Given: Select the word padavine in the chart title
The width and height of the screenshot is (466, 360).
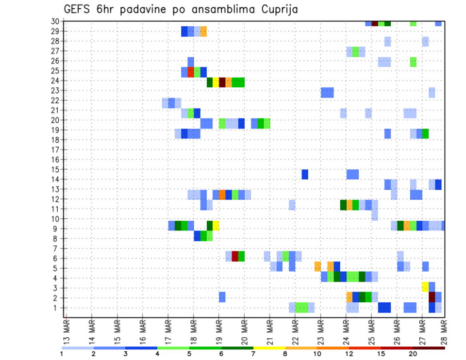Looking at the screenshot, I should pyautogui.click(x=141, y=10).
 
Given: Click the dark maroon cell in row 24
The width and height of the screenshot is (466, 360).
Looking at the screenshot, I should pyautogui.click(x=222, y=82).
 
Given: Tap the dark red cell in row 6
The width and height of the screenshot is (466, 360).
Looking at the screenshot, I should pyautogui.click(x=235, y=256).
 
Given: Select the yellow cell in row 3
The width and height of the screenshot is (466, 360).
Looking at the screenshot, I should pyautogui.click(x=425, y=286).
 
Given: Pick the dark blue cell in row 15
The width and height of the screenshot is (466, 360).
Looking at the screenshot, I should pyautogui.click(x=305, y=174).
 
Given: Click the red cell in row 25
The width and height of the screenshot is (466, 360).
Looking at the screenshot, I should pyautogui.click(x=191, y=72).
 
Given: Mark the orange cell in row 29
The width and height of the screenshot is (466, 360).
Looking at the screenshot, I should pyautogui.click(x=203, y=32).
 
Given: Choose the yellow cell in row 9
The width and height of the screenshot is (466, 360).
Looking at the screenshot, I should pyautogui.click(x=216, y=226).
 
